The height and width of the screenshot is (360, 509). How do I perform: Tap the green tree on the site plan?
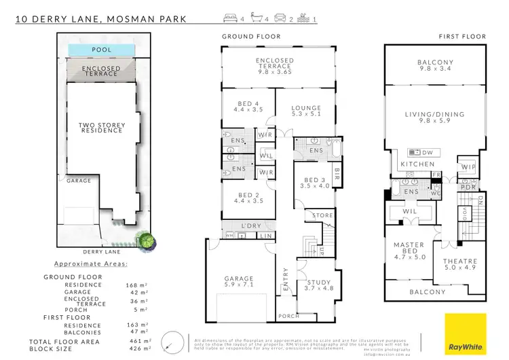pyautogui.click(x=146, y=240)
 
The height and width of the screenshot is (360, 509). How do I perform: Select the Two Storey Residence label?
pyautogui.click(x=100, y=126)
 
